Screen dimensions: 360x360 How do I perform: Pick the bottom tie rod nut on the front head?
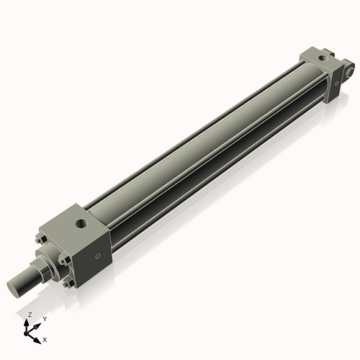[67, 287]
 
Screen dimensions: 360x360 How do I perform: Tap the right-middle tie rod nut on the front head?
[75, 265]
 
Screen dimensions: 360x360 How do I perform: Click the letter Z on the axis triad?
[29, 315]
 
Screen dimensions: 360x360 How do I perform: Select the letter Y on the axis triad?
[44, 318]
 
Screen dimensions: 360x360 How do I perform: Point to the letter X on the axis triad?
[45, 338]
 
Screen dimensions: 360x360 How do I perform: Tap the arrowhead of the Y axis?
[38, 323]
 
